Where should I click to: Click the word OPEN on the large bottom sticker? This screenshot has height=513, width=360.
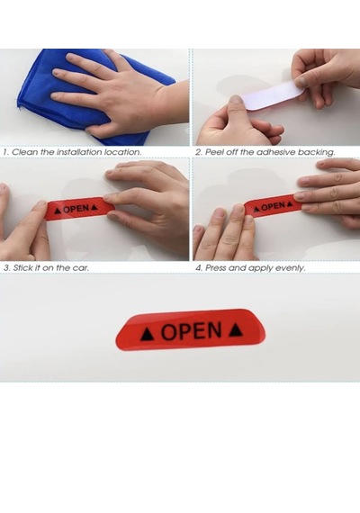click(x=192, y=331)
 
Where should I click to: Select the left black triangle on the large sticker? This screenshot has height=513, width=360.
click(x=147, y=335)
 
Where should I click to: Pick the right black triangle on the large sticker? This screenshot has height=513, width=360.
click(x=236, y=329)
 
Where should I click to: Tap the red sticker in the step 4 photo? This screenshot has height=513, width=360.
click(x=272, y=205)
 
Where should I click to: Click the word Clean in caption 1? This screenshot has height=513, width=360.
click(x=25, y=152)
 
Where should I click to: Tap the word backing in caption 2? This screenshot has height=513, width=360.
click(x=316, y=152)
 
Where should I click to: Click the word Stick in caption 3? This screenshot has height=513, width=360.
click(x=22, y=267)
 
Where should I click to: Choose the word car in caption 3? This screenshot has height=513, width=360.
click(x=80, y=268)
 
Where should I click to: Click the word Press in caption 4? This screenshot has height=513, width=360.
click(x=216, y=267)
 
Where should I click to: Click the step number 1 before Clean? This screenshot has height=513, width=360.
click(x=6, y=152)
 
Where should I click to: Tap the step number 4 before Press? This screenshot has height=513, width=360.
click(x=199, y=267)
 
